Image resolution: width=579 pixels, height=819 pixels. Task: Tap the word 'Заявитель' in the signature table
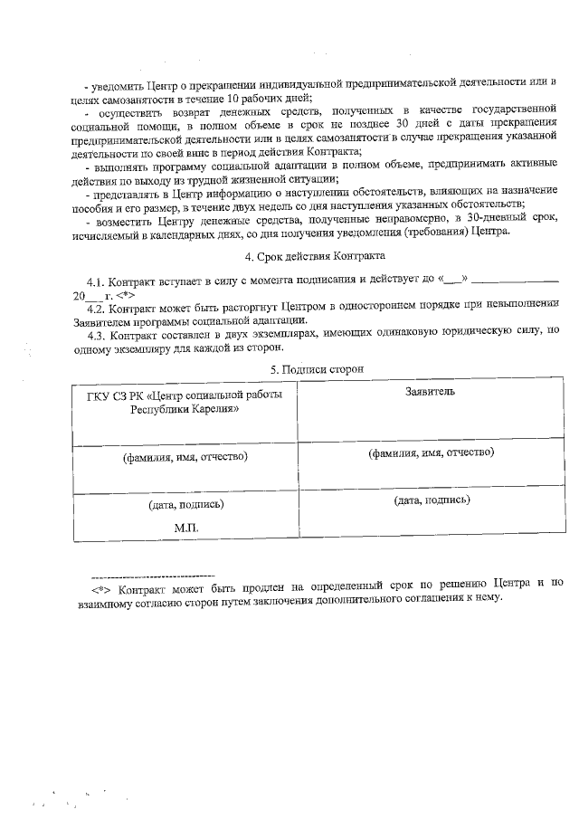coord(430,391)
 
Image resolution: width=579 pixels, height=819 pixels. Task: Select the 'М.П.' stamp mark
coord(185,526)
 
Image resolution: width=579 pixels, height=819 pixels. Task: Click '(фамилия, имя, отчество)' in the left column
coord(185,456)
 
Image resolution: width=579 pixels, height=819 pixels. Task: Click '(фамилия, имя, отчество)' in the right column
coord(430,452)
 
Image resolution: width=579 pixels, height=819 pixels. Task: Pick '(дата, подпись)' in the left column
coord(185,504)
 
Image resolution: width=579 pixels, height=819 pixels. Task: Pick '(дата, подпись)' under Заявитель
coord(430,500)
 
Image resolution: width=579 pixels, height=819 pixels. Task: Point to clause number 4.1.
coord(97,281)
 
